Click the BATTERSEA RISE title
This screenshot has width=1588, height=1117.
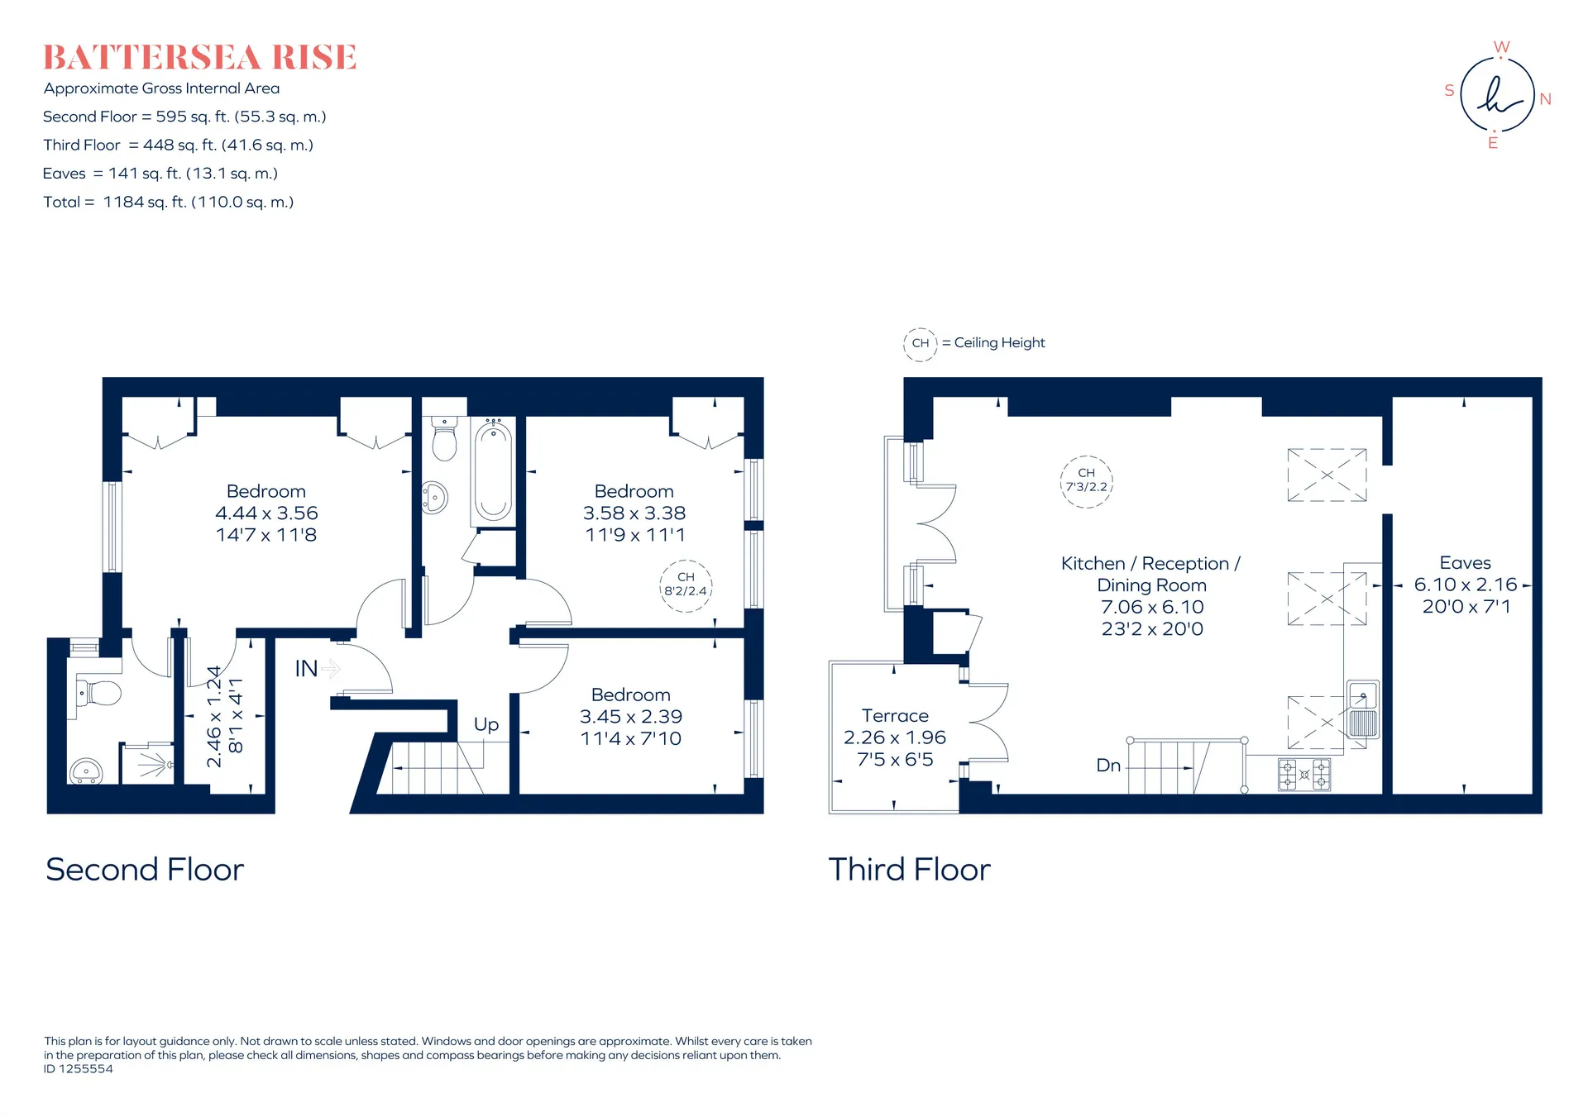pyautogui.click(x=199, y=57)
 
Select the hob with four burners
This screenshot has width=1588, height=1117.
pyautogui.click(x=1304, y=775)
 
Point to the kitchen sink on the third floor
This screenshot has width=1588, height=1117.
pyautogui.click(x=1363, y=709)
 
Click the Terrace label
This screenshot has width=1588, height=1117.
pyautogui.click(x=895, y=715)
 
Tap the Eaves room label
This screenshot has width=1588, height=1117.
pyautogui.click(x=1465, y=562)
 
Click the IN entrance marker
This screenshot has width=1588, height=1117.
pyautogui.click(x=306, y=668)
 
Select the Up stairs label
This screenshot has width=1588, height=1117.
pyautogui.click(x=486, y=725)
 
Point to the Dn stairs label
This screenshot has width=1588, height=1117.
pyautogui.click(x=1108, y=766)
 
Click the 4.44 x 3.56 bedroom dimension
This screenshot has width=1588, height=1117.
pyautogui.click(x=266, y=513)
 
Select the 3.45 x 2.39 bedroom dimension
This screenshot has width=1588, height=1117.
pyautogui.click(x=631, y=716)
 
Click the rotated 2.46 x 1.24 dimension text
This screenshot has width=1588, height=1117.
pyautogui.click(x=214, y=716)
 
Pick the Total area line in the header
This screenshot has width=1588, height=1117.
pyautogui.click(x=169, y=202)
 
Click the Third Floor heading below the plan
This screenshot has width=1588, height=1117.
pyautogui.click(x=909, y=869)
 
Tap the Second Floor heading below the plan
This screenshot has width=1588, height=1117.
pyautogui.click(x=145, y=869)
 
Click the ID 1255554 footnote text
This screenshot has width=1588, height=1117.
pyautogui.click(x=79, y=1068)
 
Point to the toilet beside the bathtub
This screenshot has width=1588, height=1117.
pyautogui.click(x=444, y=439)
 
